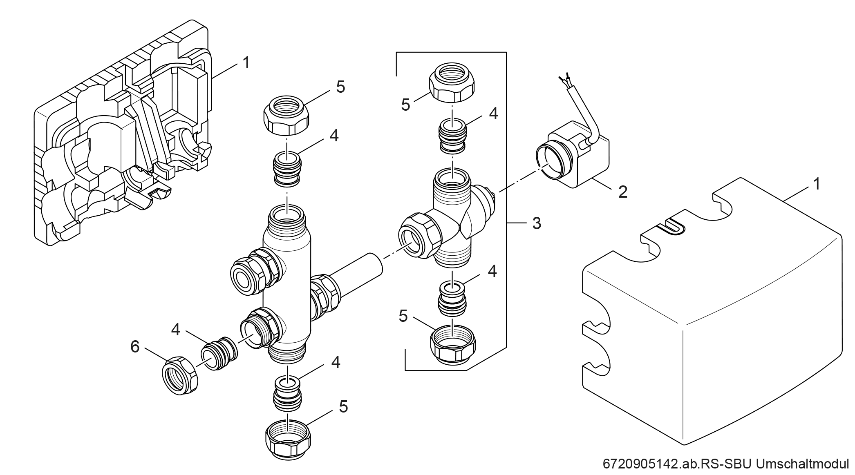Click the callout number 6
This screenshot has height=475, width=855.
[x=135, y=347]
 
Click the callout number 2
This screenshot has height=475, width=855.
[x=622, y=192]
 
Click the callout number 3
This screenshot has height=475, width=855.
[x=537, y=223]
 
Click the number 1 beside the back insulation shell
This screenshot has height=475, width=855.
[x=246, y=63]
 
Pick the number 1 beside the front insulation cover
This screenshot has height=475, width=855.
[x=817, y=184]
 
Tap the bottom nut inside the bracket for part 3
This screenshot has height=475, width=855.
[x=453, y=346]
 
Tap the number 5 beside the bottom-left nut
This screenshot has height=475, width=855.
[x=343, y=407]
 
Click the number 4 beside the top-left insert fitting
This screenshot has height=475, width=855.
[x=334, y=136]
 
